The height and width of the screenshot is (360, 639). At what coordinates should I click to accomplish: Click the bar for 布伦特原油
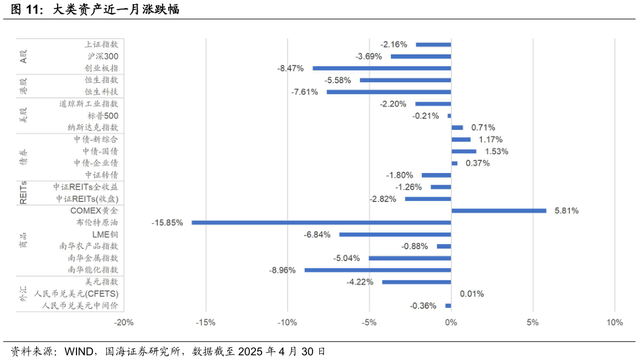coord(321,223)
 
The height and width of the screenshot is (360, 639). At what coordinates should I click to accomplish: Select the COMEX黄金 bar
coord(498,211)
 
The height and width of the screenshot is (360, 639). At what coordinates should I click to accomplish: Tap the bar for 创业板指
coord(382,68)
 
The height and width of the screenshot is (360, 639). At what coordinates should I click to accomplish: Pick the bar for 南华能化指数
coord(377,270)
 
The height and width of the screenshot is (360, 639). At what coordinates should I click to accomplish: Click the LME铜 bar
coord(395,234)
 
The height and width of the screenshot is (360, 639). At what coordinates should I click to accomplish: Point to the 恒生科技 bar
coord(388,92)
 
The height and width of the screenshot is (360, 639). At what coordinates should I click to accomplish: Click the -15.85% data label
coord(167,223)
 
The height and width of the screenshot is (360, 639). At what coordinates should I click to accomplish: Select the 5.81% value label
coord(566,211)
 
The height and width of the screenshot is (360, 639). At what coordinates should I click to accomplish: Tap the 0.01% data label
coord(472,294)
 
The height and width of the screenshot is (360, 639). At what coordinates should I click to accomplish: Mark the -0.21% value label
coord(425,116)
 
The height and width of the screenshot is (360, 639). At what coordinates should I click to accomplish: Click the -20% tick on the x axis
coord(124,322)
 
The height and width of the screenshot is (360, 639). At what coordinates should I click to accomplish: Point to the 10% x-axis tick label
coord(614,322)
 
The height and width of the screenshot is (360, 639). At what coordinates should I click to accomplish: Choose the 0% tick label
coord(451,322)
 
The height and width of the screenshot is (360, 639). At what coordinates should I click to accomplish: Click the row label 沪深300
coord(103,56)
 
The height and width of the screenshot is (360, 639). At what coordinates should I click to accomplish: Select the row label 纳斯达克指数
coord(93,127)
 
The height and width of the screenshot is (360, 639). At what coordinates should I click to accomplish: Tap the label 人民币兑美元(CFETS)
coord(76,294)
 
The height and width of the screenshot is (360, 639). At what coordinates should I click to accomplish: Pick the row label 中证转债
coord(101,175)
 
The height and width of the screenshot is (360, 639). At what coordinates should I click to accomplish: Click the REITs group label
coord(24,192)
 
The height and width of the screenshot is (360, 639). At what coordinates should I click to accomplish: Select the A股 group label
coord(24,56)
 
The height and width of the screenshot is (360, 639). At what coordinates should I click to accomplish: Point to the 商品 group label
coord(24,240)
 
